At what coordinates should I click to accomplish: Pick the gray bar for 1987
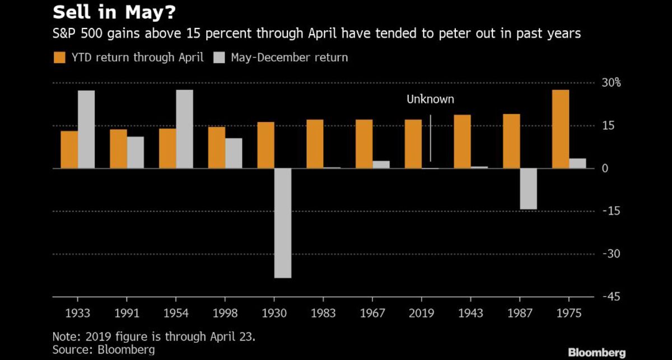coord(529,189)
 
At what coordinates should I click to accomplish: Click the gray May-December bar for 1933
coord(86,129)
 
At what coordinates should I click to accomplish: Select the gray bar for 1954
coord(184,129)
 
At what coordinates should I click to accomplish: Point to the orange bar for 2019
coord(413,144)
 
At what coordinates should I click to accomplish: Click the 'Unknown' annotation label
coord(430,100)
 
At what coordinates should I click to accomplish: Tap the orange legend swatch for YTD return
coord(59,58)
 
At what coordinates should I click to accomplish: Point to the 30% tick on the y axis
coord(611,83)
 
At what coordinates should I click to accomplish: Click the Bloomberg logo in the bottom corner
coord(597,352)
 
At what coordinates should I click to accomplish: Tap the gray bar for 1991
coord(136,152)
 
